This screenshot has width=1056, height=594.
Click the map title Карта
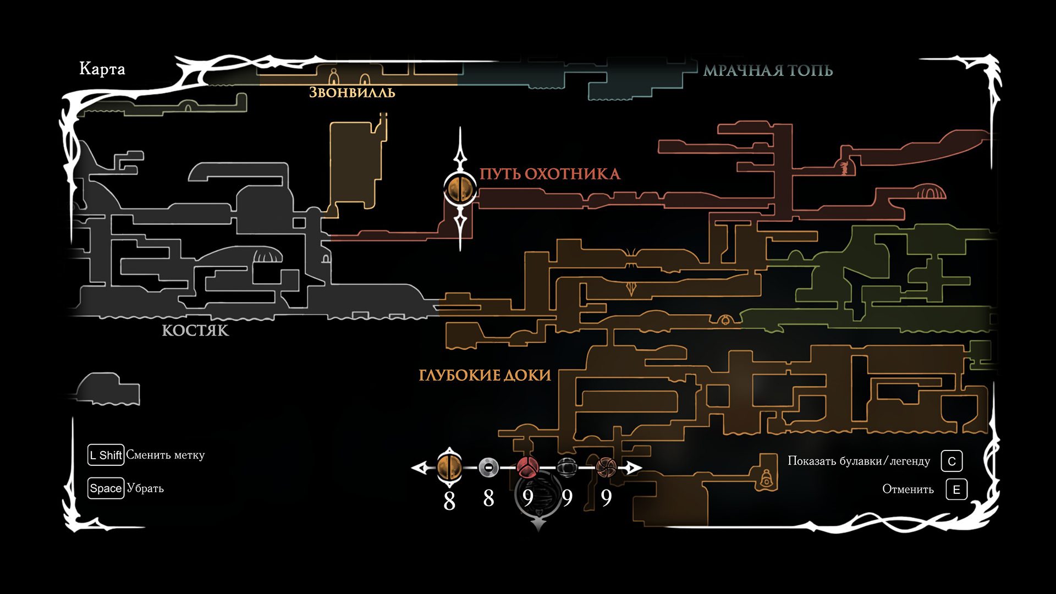(102, 69)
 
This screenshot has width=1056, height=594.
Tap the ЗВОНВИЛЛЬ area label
(352, 92)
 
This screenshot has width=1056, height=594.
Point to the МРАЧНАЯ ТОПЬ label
(768, 70)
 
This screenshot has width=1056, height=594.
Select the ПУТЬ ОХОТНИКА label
(549, 174)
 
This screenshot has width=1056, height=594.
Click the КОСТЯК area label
(195, 330)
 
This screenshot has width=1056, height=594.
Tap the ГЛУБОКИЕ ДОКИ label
(485, 375)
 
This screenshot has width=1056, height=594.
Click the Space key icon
(106, 488)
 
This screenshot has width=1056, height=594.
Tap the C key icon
(952, 461)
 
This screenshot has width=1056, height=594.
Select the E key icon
(956, 490)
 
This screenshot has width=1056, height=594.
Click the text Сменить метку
(165, 455)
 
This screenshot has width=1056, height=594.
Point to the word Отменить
(908, 490)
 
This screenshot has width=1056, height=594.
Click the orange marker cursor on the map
(460, 189)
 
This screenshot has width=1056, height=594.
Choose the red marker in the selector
(527, 468)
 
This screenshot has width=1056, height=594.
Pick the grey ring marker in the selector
(488, 468)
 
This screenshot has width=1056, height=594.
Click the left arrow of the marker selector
(421, 468)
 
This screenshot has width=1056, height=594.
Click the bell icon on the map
(766, 479)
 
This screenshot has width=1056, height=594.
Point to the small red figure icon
(844, 168)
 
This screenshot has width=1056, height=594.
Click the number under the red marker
(528, 498)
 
